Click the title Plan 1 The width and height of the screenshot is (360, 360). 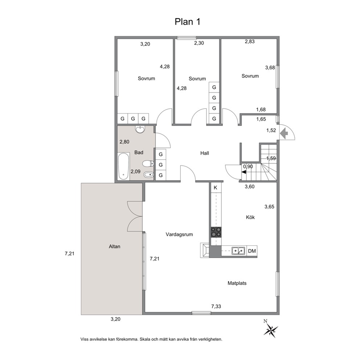[188, 21]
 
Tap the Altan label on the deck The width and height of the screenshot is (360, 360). [115, 246]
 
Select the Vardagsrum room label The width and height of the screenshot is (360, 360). [179, 234]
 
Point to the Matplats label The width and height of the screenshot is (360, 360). [237, 283]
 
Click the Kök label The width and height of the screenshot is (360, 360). [250, 217]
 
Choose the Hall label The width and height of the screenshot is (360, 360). [205, 153]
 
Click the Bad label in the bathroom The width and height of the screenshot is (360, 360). [139, 152]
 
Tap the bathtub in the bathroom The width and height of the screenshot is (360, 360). [123, 166]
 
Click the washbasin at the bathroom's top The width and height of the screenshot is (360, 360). [140, 130]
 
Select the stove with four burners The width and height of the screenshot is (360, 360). [216, 232]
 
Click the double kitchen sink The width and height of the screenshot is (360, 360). [238, 251]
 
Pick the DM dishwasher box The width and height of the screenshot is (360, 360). [252, 251]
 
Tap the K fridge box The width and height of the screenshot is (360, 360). [215, 188]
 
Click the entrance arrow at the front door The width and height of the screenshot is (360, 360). [285, 133]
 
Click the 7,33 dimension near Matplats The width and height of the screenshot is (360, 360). [216, 306]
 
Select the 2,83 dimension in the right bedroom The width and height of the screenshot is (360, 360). [250, 41]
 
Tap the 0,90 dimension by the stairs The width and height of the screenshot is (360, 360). [248, 166]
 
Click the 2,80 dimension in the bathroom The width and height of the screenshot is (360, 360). [124, 142]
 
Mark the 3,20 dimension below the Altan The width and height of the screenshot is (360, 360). [115, 319]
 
